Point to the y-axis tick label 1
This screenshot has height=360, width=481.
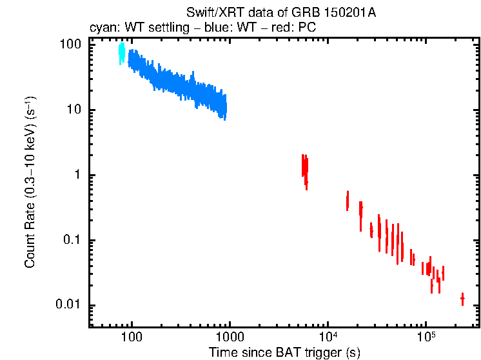[77, 175]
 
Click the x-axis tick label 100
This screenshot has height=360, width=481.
[132, 337]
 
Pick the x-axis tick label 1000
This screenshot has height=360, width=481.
[230, 337]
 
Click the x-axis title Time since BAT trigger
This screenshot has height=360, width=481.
[284, 352]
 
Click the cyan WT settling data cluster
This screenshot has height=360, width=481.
[121, 54]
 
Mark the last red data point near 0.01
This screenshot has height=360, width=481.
[462, 299]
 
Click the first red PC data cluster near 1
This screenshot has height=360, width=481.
[304, 168]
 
